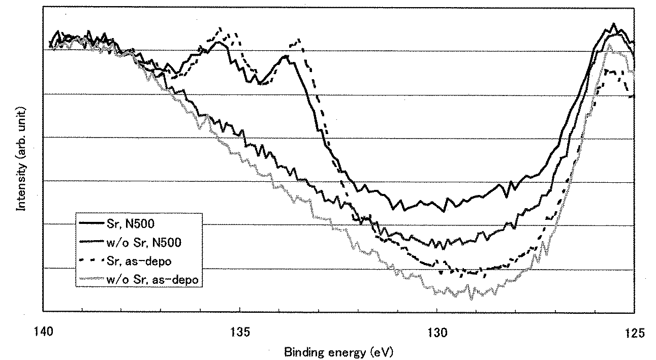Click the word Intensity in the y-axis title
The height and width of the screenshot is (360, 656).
21,187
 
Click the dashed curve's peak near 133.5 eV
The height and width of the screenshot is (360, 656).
299,39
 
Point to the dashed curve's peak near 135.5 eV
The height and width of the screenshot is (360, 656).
220,28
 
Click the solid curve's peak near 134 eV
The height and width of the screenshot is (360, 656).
286,55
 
